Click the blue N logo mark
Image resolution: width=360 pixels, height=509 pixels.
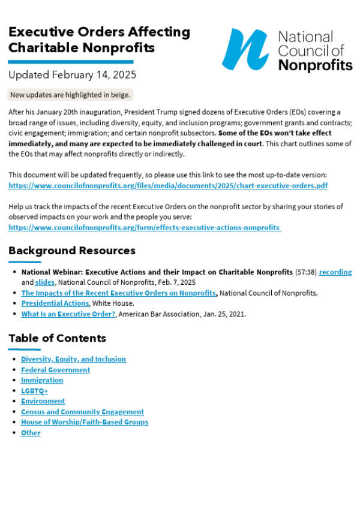point(245,49)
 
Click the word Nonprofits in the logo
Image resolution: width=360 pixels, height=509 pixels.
point(315,65)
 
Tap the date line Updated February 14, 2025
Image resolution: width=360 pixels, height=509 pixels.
point(72,75)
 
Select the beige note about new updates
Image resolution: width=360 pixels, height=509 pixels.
point(70,95)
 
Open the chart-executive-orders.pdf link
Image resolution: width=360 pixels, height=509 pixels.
point(168,186)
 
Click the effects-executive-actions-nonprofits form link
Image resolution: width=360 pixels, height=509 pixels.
point(145,228)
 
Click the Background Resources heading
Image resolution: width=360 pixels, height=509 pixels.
point(72,251)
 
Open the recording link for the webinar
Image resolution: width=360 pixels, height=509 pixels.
point(335,272)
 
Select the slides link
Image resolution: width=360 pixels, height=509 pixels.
point(45,282)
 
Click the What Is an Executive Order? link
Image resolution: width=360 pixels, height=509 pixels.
point(68,314)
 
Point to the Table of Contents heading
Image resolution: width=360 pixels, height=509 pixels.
point(57,338)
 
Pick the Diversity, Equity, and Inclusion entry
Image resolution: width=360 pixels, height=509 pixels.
point(73,359)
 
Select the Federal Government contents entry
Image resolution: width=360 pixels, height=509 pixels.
point(55,370)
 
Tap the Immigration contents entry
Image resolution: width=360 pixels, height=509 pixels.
point(42,380)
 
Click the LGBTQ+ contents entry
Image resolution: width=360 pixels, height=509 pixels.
point(34,391)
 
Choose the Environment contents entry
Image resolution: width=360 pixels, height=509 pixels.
point(43,401)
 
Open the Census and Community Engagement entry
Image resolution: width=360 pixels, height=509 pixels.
point(82,412)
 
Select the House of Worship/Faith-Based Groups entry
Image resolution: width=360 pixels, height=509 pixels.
point(84,422)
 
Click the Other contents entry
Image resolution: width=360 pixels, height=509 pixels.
point(31,433)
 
